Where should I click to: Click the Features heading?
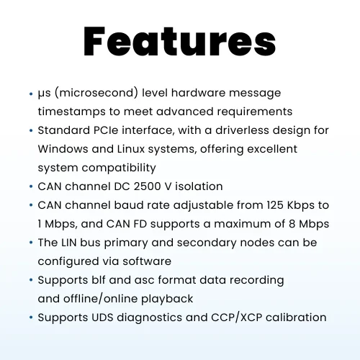point(180,42)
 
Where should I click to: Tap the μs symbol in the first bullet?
point(44,94)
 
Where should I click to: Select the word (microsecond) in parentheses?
point(96,93)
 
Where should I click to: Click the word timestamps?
point(71,112)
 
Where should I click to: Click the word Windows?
point(63,149)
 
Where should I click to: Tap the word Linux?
point(131,149)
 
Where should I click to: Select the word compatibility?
point(119,168)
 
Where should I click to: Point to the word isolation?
point(199,186)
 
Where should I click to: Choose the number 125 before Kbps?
point(275,205)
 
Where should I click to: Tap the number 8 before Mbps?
point(292,224)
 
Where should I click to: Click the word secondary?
point(207,243)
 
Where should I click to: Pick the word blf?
point(99,280)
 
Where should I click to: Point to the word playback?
point(167,300)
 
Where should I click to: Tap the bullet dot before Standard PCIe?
point(31,131)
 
